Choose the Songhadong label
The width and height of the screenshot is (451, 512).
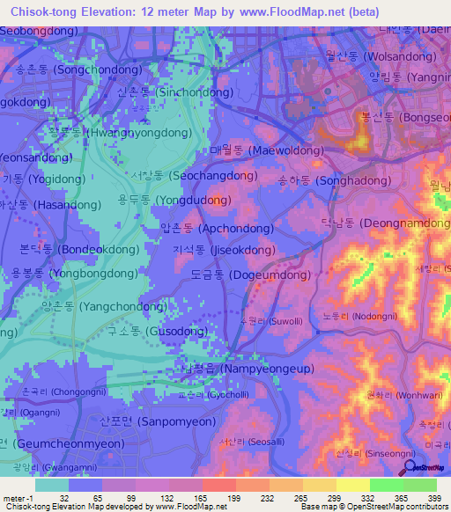click(327, 180)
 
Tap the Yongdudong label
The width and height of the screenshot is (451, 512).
click(175, 200)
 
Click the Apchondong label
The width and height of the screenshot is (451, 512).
click(216, 228)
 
